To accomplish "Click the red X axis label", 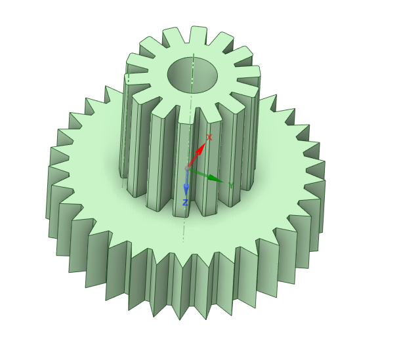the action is pyautogui.click(x=209, y=137).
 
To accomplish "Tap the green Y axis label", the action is pyautogui.click(x=231, y=186).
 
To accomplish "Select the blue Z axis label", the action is pyautogui.click(x=186, y=203).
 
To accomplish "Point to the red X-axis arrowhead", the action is pyautogui.click(x=201, y=148).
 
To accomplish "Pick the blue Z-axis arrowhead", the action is pyautogui.click(x=186, y=190).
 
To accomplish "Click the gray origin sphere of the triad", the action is pyautogui.click(x=187, y=169).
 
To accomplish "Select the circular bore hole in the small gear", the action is pyautogui.click(x=193, y=75).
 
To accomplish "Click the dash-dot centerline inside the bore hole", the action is pyautogui.click(x=193, y=73).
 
